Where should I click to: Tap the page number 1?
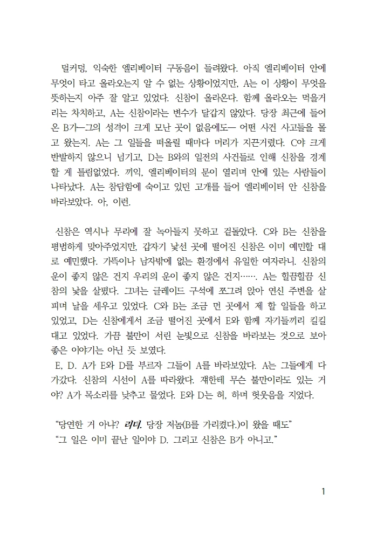(x=323, y=491)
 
